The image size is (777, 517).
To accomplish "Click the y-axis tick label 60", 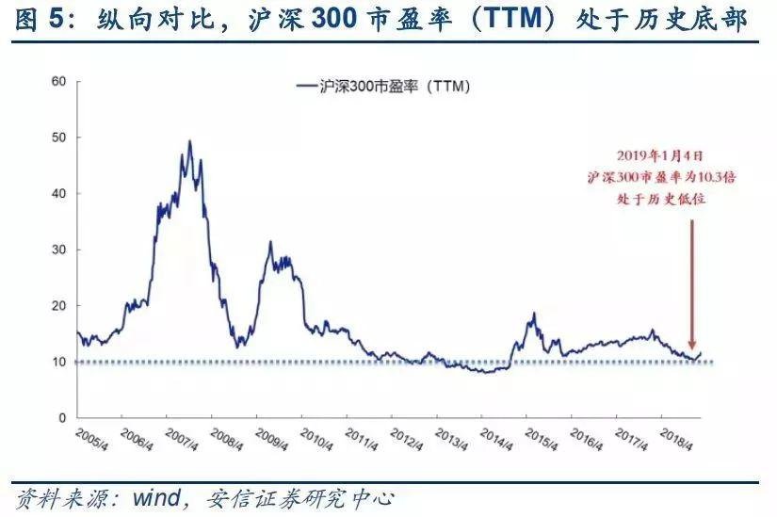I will tap(57, 82).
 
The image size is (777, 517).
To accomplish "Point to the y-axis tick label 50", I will tap(57, 138).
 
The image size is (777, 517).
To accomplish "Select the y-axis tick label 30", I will tap(57, 250).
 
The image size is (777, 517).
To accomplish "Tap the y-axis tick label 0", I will tap(61, 418).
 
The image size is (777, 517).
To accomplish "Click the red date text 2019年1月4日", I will tap(659, 156).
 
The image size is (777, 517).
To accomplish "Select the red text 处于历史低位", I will tap(659, 199).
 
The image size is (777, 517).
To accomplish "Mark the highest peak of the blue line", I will tap(190, 141).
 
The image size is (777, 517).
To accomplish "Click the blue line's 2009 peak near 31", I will tap(270, 242).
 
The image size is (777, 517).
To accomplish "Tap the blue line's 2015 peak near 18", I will tap(533, 314).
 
